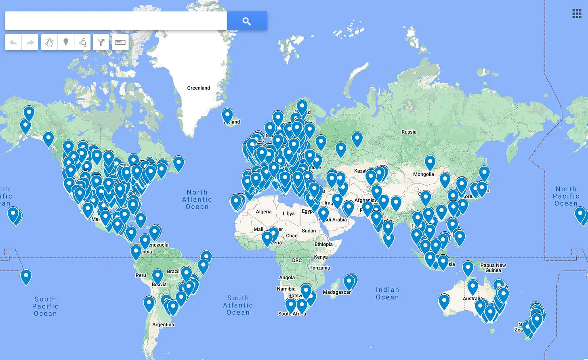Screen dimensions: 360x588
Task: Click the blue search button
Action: [247, 21]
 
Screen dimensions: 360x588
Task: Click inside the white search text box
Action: [116, 21]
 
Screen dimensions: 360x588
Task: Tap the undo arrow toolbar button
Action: [13, 42]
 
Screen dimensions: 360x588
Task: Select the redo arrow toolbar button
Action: [30, 42]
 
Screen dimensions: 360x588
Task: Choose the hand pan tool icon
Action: [49, 42]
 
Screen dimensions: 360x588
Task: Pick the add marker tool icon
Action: [66, 42]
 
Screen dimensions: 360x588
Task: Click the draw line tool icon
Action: [82, 42]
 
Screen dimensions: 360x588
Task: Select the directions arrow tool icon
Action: [101, 42]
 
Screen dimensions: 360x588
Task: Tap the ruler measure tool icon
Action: [120, 42]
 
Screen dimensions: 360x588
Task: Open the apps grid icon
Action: [577, 14]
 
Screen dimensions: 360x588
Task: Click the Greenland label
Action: [198, 88]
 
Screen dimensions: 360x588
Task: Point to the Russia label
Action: [409, 132]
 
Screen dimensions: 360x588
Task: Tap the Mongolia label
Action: [423, 174]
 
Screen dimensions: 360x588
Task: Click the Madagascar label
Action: [336, 292]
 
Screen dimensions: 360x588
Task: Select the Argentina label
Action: [163, 324]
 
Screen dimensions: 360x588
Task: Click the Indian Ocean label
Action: [387, 293]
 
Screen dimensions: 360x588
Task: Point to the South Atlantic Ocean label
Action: [238, 305]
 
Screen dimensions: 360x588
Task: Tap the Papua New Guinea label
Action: [493, 268]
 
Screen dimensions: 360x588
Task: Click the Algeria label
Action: [264, 212]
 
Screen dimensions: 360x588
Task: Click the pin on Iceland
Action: [227, 115]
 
